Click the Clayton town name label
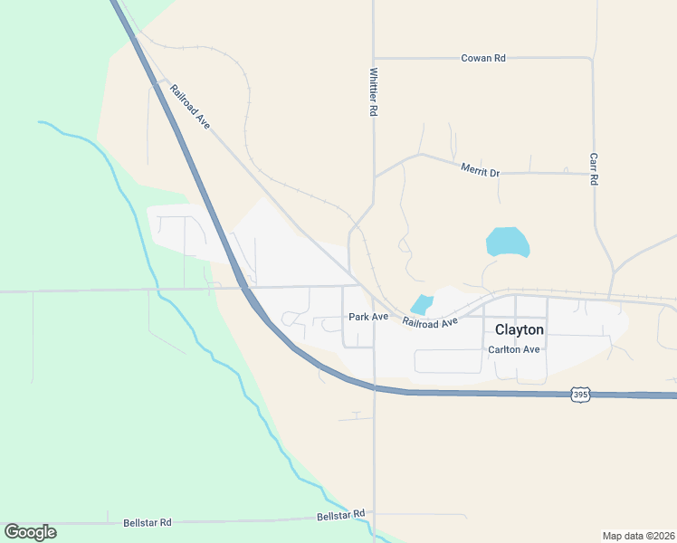pyautogui.click(x=519, y=330)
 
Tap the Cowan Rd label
pyautogui.click(x=482, y=58)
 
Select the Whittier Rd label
pyautogui.click(x=373, y=92)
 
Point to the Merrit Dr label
pyautogui.click(x=480, y=169)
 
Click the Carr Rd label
pyautogui.click(x=594, y=168)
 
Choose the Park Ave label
pyautogui.click(x=368, y=317)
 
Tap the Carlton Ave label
pyautogui.click(x=513, y=349)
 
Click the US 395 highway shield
pyautogui.click(x=581, y=395)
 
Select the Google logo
pyautogui.click(x=30, y=532)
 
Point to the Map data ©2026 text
pyautogui.click(x=638, y=536)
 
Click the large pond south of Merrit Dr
pyautogui.click(x=508, y=242)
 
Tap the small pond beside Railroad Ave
pyautogui.click(x=422, y=305)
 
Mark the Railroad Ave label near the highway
pyautogui.click(x=190, y=106)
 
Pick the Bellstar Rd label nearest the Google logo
pyautogui.click(x=147, y=523)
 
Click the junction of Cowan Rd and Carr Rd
pyautogui.click(x=593, y=58)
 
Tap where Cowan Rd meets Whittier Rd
pyautogui.click(x=373, y=58)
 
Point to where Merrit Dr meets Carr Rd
pyautogui.click(x=593, y=172)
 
